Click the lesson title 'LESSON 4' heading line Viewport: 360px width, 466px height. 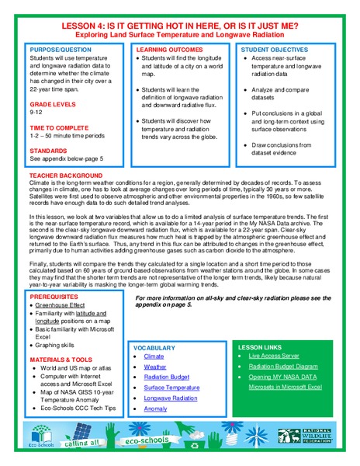click(x=179, y=26)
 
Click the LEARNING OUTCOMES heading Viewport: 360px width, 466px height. click(x=163, y=49)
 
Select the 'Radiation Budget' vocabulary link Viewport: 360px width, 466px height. click(x=166, y=377)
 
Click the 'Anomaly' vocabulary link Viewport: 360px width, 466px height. click(x=155, y=408)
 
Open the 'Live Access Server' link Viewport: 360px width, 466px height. click(x=274, y=356)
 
